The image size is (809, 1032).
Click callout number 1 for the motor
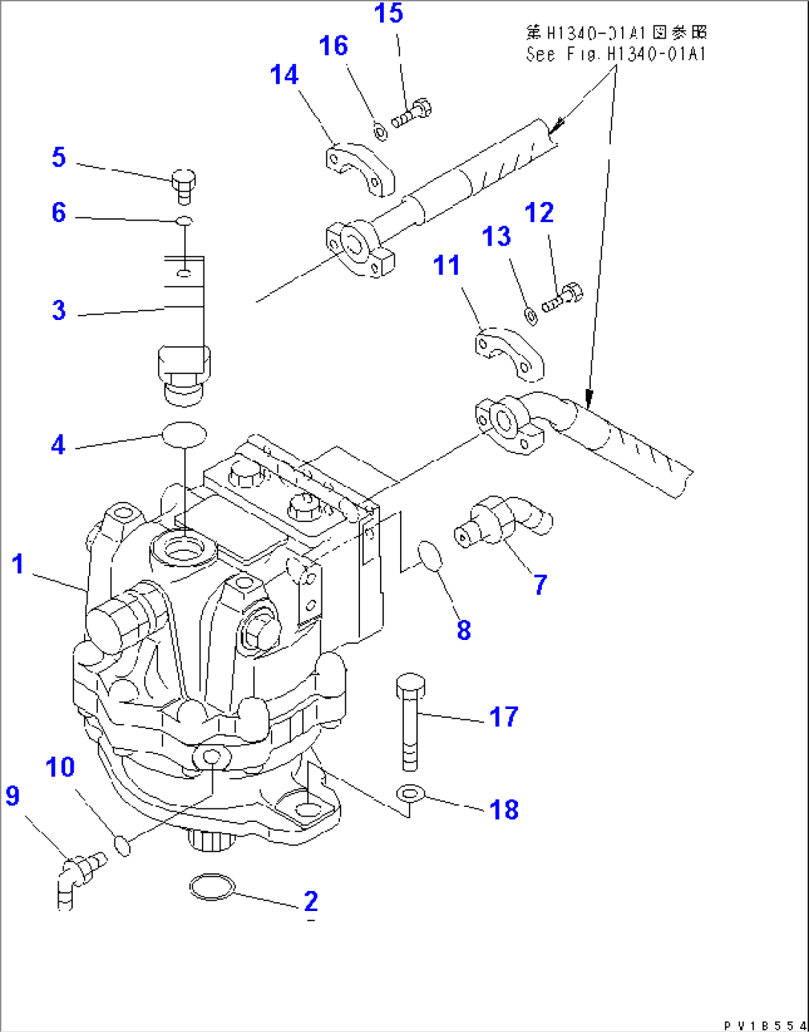tap(19, 564)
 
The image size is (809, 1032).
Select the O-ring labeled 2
tap(213, 887)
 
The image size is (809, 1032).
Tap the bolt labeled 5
tap(183, 186)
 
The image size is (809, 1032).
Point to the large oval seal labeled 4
tap(184, 434)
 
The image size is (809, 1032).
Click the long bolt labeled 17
tap(410, 720)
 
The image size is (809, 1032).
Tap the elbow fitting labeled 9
tap(76, 878)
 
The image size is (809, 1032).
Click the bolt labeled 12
tap(563, 298)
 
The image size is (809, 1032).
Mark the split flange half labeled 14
tap(359, 169)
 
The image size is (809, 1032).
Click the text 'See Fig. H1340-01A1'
tap(615, 53)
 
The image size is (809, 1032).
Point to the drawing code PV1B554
tap(764, 1025)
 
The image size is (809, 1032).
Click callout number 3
tap(59, 310)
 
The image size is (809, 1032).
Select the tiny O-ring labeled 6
tap(185, 220)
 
